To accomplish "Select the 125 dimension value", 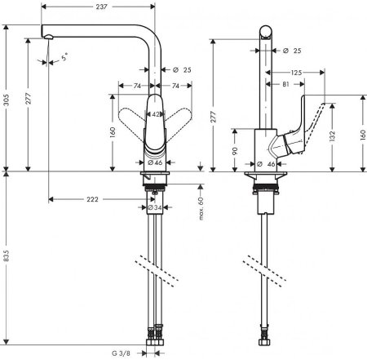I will (x=297, y=73).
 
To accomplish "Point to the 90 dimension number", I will (x=235, y=150).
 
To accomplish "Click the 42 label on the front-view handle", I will (x=156, y=115).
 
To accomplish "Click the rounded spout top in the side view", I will (x=266, y=30).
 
